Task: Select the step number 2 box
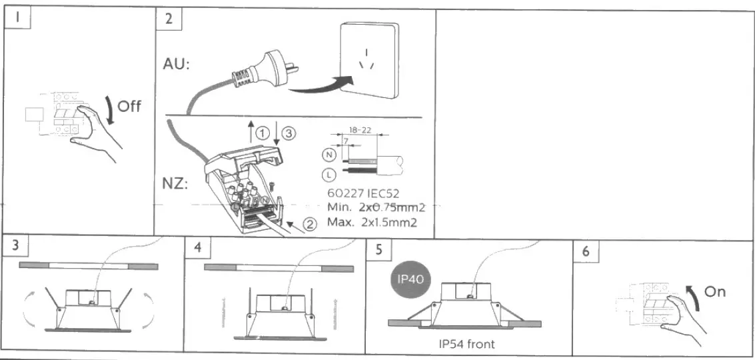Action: coord(168,20)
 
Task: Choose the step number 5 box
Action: coord(378,250)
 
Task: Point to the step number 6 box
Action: coord(586,251)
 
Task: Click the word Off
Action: coord(129,106)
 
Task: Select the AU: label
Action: coord(177,65)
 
